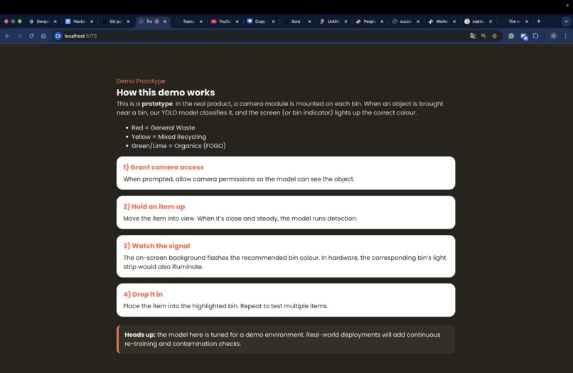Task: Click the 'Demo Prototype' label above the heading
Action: [x=141, y=81]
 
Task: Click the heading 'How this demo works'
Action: [x=166, y=93]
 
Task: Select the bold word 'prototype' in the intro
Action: [x=156, y=104]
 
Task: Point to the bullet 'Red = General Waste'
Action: [x=163, y=128]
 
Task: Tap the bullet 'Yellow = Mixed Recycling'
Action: [x=168, y=137]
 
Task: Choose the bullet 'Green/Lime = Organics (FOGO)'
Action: [x=178, y=146]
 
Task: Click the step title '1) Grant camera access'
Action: [x=164, y=167]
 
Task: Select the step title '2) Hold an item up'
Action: [x=154, y=206]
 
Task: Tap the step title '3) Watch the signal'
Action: [x=156, y=246]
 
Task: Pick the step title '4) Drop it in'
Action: [x=143, y=294]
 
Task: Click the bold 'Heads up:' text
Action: [x=140, y=335]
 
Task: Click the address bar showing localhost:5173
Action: [x=213, y=36]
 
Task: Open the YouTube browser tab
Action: [x=224, y=21]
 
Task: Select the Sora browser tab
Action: [x=295, y=21]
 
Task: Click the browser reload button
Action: [x=31, y=36]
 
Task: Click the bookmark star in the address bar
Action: [x=494, y=36]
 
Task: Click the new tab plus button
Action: [x=538, y=21]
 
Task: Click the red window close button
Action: [x=6, y=21]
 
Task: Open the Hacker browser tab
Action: [x=78, y=21]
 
